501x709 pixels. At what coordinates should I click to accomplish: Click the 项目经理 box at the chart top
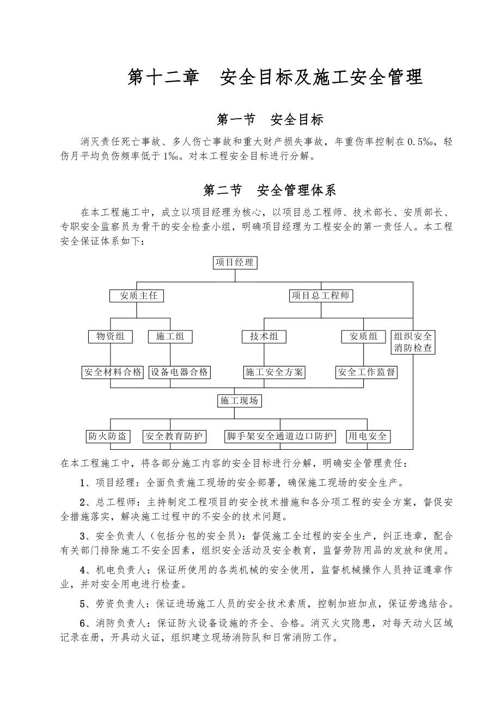tap(234, 262)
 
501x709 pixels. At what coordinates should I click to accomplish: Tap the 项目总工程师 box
tap(320, 296)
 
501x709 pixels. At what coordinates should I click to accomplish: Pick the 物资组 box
tap(111, 337)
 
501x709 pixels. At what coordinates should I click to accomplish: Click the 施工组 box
tap(170, 337)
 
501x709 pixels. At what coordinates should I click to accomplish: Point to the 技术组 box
tap(264, 337)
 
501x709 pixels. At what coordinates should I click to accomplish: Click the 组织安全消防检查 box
tap(413, 342)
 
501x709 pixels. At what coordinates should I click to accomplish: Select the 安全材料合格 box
tap(113, 372)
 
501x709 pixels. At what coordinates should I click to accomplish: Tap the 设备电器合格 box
tap(180, 372)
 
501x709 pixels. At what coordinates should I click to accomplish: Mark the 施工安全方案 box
tap(274, 372)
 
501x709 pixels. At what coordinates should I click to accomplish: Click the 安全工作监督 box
tap(366, 372)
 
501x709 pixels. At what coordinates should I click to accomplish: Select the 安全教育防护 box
tap(174, 436)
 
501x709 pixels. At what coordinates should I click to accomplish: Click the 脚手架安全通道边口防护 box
tap(280, 436)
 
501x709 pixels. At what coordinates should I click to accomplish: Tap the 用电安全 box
tap(369, 436)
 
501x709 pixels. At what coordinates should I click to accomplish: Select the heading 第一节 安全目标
tap(270, 119)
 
